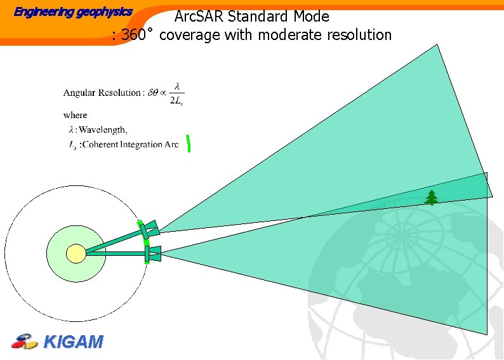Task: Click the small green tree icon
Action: (432, 197)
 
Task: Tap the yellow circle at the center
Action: (76, 253)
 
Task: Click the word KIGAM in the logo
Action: (73, 342)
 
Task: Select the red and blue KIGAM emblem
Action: (25, 342)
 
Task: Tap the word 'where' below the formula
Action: (75, 115)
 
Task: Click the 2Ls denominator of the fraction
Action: (178, 100)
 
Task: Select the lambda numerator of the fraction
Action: (178, 86)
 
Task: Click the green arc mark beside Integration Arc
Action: (189, 144)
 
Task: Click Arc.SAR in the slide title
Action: (200, 16)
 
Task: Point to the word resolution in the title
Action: (359, 35)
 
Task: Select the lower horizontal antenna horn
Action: (154, 254)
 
